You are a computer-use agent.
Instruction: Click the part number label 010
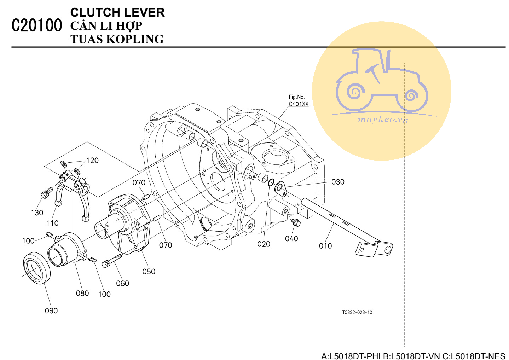click(325, 246)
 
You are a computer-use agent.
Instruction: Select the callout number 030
click(338, 182)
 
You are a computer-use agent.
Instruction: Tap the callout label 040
click(291, 239)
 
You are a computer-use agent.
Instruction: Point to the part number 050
click(149, 272)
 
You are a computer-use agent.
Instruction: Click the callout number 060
click(122, 283)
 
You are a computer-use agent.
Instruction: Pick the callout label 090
click(51, 310)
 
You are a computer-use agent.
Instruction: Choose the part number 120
click(92, 161)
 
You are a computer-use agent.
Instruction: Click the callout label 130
click(37, 213)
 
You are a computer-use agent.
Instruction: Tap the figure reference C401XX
click(299, 104)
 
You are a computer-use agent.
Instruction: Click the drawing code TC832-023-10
click(357, 312)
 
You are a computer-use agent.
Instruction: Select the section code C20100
click(37, 25)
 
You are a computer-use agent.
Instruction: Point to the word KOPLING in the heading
click(135, 39)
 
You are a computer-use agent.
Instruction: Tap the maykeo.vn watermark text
click(383, 120)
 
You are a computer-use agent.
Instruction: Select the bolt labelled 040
click(296, 222)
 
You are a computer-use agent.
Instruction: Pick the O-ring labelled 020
click(271, 182)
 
